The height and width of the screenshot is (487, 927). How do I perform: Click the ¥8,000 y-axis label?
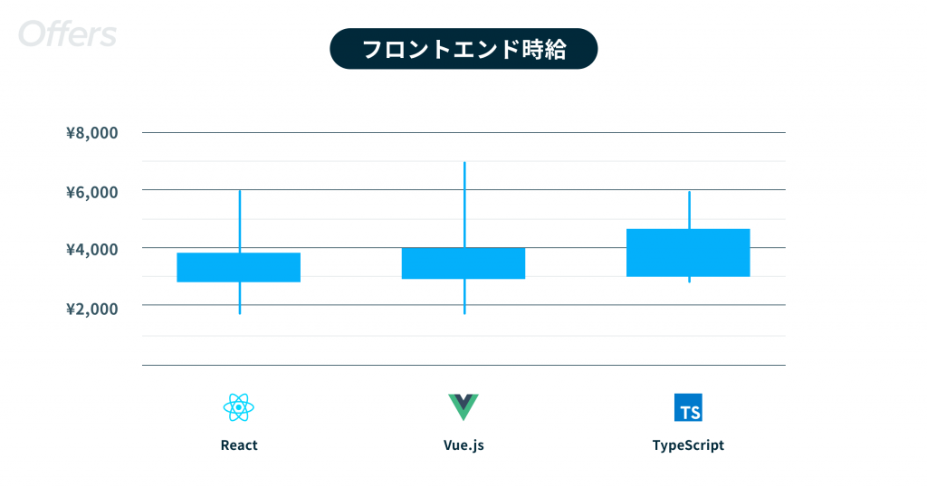point(91,132)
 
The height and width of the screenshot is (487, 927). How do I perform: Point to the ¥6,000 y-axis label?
point(91,192)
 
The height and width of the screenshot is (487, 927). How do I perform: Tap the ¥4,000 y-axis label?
point(91,250)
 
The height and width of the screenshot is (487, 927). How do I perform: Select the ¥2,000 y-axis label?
point(91,309)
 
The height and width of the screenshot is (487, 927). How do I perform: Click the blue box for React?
point(239,267)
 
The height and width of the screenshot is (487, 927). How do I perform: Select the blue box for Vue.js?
point(463,263)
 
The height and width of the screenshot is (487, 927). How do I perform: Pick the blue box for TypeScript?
point(688,253)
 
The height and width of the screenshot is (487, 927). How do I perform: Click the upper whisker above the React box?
point(239,222)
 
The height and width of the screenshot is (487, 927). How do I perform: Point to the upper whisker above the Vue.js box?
point(464,205)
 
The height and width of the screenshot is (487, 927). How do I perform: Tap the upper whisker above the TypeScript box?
point(689,210)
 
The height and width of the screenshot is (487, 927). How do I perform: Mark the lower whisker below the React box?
point(239,298)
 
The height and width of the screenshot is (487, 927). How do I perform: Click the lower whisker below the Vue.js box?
point(464,296)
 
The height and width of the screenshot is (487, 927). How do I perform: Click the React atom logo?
point(239,408)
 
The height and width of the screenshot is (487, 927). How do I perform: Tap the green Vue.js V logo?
point(463,407)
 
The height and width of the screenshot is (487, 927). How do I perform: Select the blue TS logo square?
point(688,407)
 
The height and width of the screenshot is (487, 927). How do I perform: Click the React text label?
point(239,445)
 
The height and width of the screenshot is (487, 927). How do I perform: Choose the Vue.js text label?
point(463,445)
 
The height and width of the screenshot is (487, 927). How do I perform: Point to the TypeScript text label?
point(688,445)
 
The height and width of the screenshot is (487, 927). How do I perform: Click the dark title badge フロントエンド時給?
point(463,49)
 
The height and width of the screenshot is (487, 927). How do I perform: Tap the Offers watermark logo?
point(67,33)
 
